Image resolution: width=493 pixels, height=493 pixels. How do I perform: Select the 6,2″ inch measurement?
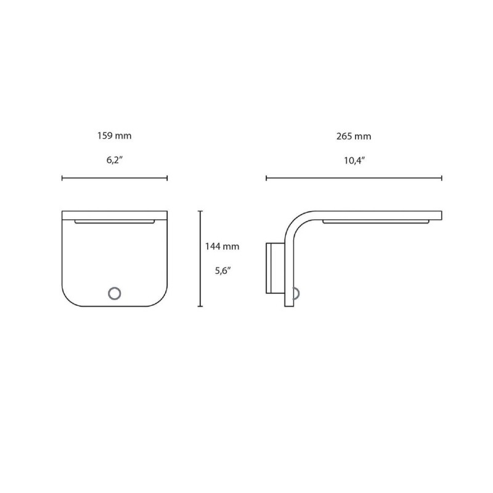tap(114, 160)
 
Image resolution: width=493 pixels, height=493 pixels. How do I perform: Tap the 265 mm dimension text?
tap(354, 136)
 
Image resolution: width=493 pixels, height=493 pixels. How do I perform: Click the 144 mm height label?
tap(222, 246)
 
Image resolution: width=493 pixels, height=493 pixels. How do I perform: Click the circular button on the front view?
tap(114, 293)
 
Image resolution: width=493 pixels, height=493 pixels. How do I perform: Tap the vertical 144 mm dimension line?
tap(200, 259)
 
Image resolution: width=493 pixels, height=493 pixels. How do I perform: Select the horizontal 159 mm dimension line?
tap(114, 179)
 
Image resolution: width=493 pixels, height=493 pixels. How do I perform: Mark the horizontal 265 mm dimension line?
tap(354, 179)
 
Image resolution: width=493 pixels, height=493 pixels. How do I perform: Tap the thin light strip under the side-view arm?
tap(375, 222)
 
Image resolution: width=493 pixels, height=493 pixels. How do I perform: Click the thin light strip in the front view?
tap(114, 221)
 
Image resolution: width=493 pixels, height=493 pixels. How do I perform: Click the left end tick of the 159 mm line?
tap(62, 179)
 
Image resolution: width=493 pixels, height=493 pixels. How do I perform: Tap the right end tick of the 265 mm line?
tap(441, 179)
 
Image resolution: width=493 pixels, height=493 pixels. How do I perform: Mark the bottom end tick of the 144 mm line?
tap(200, 306)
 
